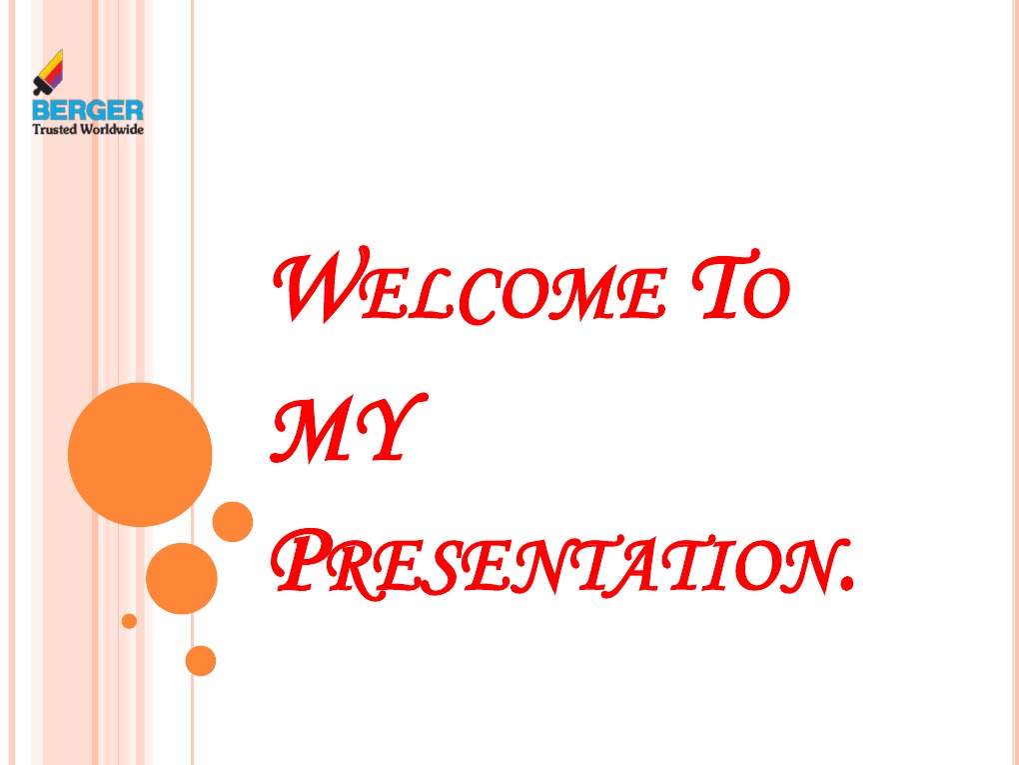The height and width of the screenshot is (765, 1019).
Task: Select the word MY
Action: click(x=339, y=431)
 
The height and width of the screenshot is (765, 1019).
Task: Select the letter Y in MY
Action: click(x=379, y=431)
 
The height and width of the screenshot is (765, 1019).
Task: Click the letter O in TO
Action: click(x=768, y=298)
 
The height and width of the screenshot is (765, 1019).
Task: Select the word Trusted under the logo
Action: click(x=55, y=129)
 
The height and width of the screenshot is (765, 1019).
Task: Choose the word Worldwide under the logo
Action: click(x=112, y=129)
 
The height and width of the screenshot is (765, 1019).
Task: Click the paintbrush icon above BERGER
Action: click(x=48, y=72)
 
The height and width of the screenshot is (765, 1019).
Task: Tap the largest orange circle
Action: click(x=140, y=454)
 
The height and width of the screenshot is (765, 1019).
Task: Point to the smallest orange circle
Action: click(x=129, y=621)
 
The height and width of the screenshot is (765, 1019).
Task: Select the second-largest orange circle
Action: click(x=182, y=578)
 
